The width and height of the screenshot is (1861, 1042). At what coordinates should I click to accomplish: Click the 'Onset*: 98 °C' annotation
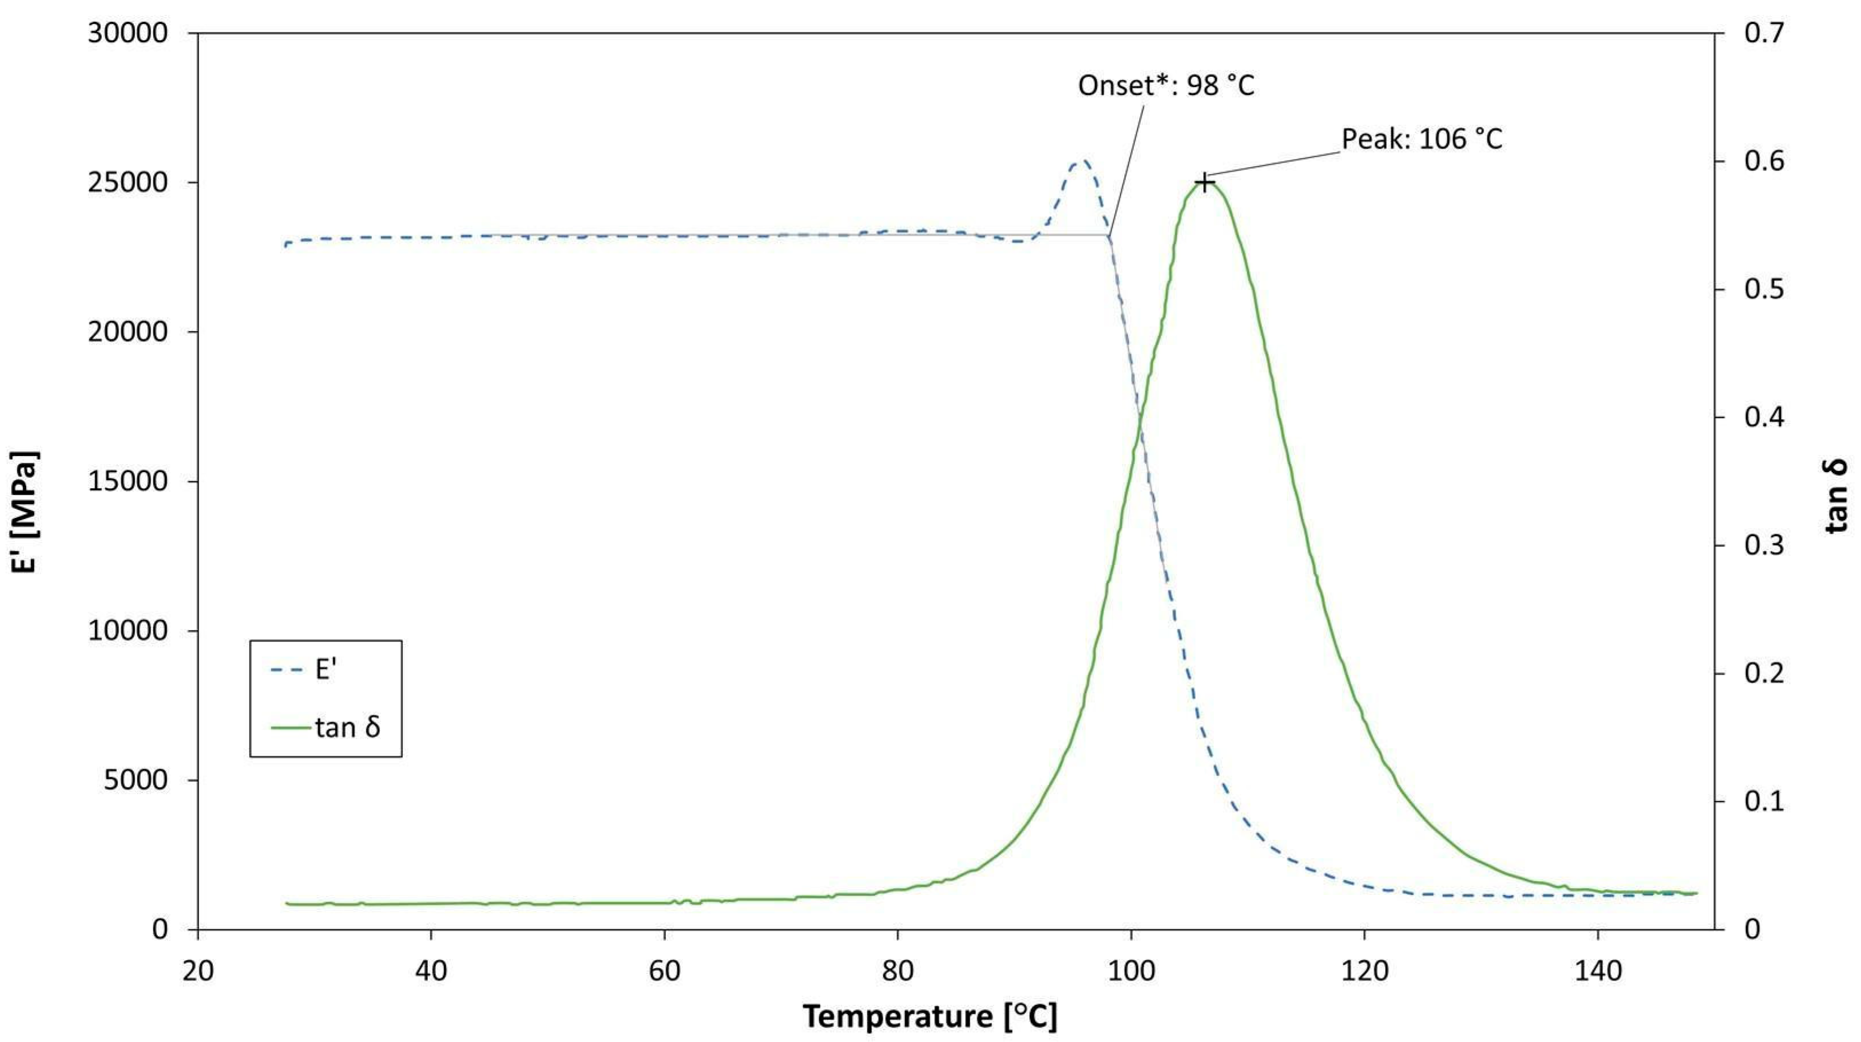coord(1166,86)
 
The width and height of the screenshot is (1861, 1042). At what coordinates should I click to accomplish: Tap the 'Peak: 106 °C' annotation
coord(1422,138)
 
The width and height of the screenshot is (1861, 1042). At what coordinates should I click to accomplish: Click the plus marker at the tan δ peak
coord(1204,182)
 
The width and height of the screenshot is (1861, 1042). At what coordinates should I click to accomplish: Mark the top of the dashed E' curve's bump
coord(1081,162)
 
